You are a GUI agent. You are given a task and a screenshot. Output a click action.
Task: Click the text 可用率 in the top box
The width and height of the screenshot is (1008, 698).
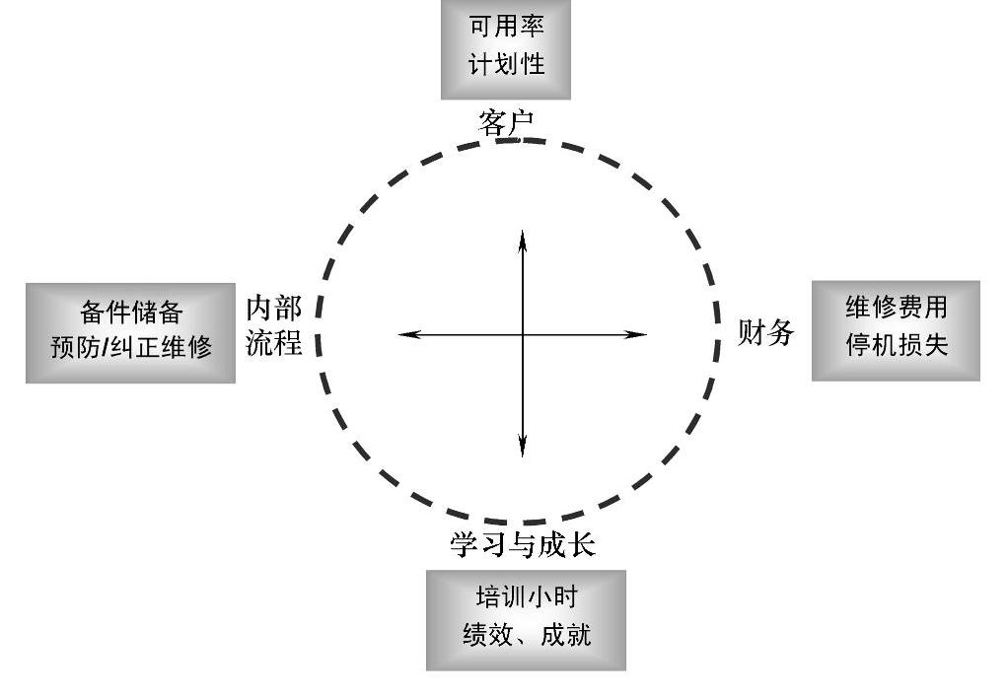[x=506, y=27]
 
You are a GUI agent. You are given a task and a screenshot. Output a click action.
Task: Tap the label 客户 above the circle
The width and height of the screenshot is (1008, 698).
[x=505, y=122]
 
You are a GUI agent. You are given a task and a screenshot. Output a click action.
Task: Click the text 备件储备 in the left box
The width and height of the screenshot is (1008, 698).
[x=131, y=314]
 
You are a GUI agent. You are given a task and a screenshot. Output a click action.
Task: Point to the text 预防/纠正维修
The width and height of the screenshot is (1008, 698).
[x=131, y=347]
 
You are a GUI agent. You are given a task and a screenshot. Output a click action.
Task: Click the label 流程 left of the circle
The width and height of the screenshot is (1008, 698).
[x=274, y=342]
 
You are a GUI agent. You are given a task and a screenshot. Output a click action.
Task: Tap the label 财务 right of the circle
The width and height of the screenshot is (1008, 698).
[x=766, y=333]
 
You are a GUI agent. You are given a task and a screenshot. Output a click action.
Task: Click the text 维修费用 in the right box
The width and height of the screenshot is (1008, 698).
[x=896, y=309]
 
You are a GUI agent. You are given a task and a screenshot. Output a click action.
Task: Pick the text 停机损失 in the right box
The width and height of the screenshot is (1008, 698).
[x=896, y=346]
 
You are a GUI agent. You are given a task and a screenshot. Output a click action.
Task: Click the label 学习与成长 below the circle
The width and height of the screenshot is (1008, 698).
[x=523, y=545]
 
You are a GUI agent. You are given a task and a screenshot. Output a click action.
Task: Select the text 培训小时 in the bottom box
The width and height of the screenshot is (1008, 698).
[x=526, y=598]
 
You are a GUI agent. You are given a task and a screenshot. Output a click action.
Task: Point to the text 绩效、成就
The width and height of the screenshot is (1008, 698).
[x=526, y=635]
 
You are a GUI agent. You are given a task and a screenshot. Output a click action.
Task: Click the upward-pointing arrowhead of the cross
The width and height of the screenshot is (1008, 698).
[x=523, y=237]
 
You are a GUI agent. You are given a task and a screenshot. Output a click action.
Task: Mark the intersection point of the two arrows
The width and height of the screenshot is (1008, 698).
[x=523, y=335]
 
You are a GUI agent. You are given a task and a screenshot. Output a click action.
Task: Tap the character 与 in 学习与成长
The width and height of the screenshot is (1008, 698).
[x=523, y=545]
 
